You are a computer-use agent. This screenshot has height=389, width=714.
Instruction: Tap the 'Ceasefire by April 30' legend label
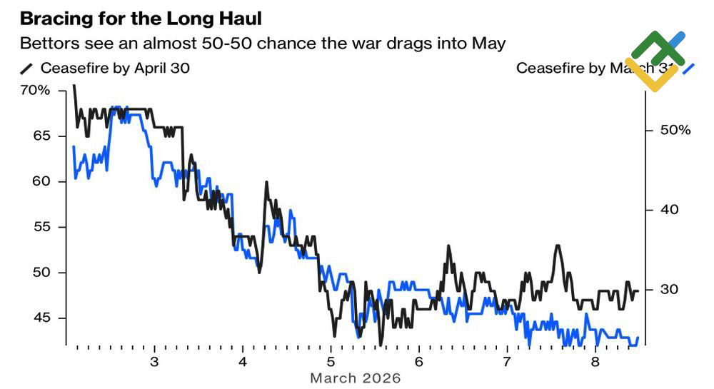tap(115, 69)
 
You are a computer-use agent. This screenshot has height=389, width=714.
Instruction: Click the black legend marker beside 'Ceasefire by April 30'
tap(27, 69)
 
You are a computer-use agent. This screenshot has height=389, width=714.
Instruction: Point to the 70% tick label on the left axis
tap(35, 91)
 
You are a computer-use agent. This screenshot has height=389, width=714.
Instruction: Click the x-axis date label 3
tap(155, 361)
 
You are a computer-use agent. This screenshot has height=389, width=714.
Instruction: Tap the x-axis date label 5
tap(331, 361)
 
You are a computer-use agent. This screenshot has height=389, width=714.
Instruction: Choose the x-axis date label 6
tap(419, 361)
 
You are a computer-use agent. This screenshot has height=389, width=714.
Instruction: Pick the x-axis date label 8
tap(595, 361)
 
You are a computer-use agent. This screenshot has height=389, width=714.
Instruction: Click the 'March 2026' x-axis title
tap(356, 378)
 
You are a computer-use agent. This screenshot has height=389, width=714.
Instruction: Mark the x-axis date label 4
tap(243, 361)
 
